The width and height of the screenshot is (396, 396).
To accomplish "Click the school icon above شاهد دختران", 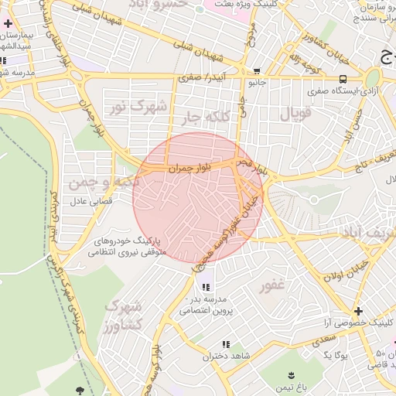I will tap(226, 344).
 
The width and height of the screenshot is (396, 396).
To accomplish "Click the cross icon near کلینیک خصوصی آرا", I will tap(357, 310).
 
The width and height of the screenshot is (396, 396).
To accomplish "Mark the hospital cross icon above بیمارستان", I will tap(8, 24).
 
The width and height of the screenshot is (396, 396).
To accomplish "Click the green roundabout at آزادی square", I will tap(373, 78).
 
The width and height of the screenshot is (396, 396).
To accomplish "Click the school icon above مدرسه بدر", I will tap(204, 285).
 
